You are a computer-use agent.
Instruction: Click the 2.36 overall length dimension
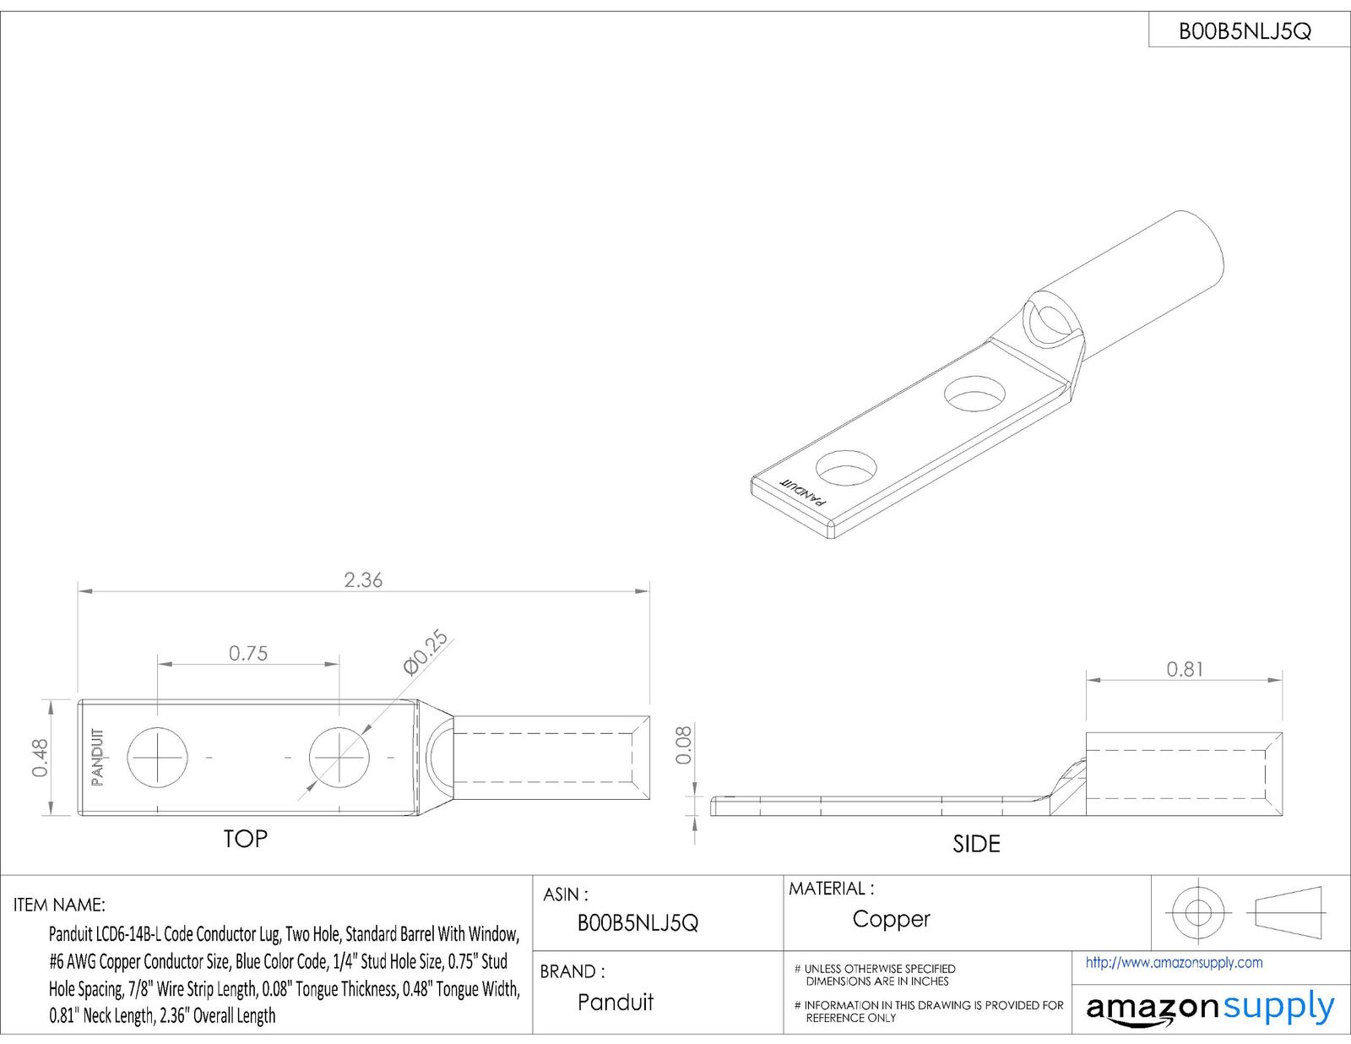[363, 580]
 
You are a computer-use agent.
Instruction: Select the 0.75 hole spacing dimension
[248, 653]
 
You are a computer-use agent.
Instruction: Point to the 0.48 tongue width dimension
[40, 758]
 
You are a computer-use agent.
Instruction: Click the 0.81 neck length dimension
[1185, 669]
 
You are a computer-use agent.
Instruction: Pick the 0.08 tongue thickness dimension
[683, 745]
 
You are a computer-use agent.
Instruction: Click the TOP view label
[245, 839]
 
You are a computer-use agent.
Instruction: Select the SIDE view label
[976, 844]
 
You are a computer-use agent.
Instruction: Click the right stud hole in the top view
[339, 756]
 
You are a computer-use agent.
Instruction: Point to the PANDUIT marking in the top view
[98, 757]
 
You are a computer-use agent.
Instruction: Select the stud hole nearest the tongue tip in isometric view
[846, 469]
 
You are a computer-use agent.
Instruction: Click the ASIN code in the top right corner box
[1245, 32]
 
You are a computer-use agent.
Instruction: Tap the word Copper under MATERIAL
[891, 919]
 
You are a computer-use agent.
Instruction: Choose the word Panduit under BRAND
[616, 1003]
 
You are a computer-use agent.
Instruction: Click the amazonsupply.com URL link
[1174, 962]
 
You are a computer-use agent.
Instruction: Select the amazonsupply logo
[1209, 1009]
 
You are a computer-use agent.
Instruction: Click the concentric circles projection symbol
[1196, 912]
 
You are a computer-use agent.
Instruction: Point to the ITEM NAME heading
[59, 905]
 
